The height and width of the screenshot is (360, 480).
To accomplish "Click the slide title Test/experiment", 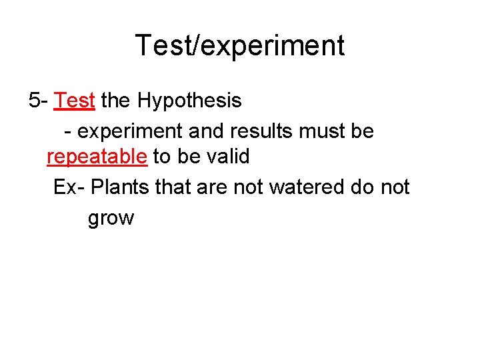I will (240, 45).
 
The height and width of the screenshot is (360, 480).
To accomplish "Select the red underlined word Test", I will (75, 101).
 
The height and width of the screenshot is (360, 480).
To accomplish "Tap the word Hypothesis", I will (190, 101).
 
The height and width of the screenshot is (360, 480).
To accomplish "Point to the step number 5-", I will (38, 101).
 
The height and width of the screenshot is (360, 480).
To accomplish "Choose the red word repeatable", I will (97, 157).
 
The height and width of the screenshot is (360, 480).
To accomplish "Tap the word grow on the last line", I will (111, 219).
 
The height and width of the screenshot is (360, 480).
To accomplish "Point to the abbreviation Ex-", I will (69, 187).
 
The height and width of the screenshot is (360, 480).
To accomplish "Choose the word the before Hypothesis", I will (116, 101).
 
